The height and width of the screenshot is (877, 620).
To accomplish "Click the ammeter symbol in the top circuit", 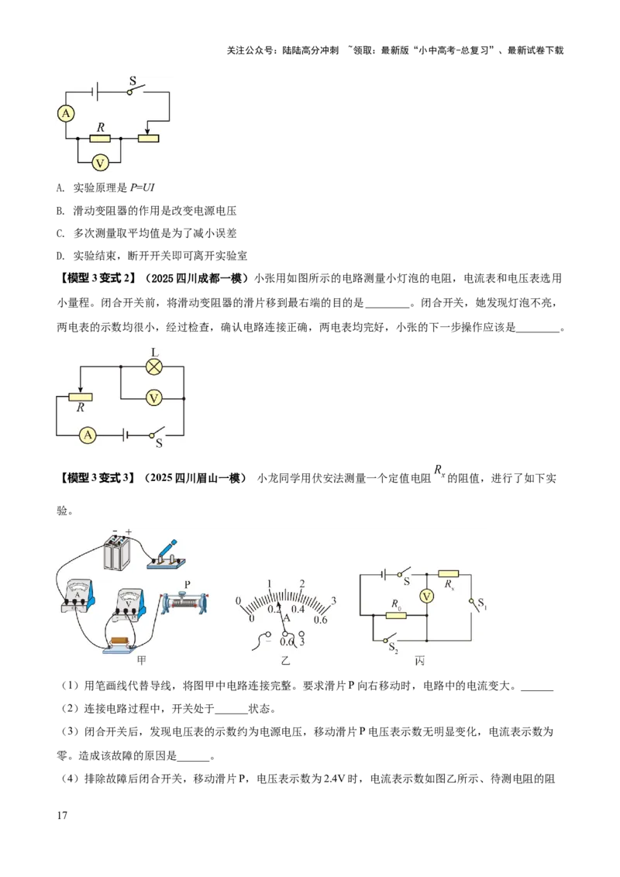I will tap(67, 114).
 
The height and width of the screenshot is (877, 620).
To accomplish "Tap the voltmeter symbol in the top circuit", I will tap(99, 163).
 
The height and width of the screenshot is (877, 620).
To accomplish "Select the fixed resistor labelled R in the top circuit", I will tap(99, 139).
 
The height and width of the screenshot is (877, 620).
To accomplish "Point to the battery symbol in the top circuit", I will tap(94, 91).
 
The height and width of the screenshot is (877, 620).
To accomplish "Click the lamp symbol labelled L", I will tap(153, 366).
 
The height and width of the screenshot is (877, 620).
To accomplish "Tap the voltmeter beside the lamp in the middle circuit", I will tap(153, 397).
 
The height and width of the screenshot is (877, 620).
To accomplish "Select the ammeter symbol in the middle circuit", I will tap(88, 435).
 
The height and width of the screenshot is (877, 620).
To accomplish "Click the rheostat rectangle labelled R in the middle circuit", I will tap(81, 397).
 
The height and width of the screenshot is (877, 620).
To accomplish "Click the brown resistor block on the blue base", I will tap(121, 640).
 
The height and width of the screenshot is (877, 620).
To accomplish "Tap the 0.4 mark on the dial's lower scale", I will tap(298, 610).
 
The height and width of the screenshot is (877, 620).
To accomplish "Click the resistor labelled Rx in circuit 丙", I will tap(448, 574).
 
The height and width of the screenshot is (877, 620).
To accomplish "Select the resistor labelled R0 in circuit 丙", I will tap(396, 615).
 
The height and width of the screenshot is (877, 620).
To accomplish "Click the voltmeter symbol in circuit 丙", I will tap(425, 596).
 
